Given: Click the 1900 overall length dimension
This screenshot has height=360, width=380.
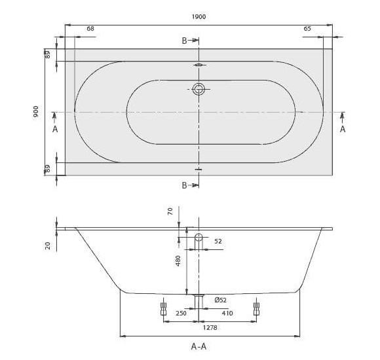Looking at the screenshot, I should (199, 16).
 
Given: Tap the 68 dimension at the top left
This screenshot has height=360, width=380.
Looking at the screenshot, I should (90, 29).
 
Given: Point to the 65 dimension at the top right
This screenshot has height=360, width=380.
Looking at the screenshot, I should (307, 29).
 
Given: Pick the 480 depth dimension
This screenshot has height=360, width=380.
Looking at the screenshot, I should (178, 260).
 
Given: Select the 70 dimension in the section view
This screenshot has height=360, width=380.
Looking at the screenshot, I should (170, 211).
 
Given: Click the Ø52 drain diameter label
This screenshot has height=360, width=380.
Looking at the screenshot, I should (220, 300).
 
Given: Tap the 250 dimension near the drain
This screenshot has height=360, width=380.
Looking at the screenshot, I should (181, 314).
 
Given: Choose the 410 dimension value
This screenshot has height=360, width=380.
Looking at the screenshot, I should (227, 314).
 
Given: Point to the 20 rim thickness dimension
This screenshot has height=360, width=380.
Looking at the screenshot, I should (48, 245).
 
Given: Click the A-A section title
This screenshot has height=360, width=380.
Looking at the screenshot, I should (199, 346).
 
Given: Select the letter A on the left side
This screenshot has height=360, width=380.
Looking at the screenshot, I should (55, 129).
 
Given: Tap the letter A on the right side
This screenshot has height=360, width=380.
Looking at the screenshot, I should (342, 129).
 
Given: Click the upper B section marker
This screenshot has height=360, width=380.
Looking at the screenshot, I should (185, 41).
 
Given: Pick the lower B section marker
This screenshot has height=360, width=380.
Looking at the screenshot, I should (185, 185).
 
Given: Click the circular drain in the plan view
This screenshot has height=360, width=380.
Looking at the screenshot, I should (199, 89).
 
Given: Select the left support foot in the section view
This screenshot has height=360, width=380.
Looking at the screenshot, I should (163, 308).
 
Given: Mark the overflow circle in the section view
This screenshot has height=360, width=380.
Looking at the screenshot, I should (199, 237).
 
